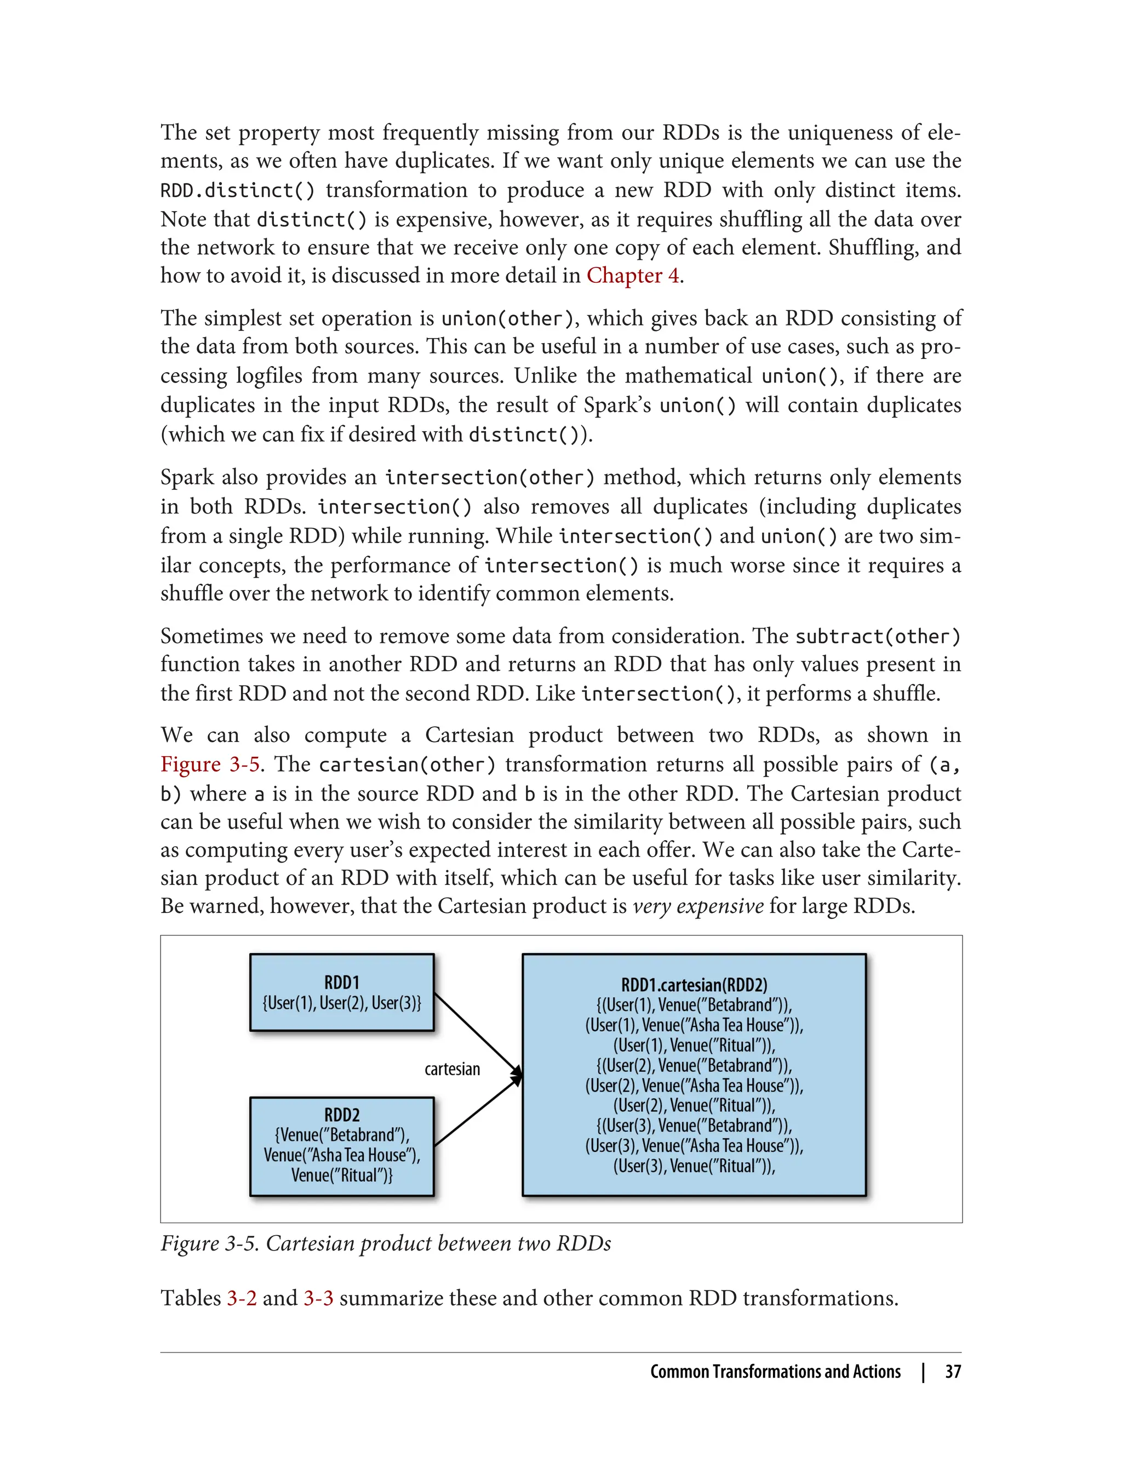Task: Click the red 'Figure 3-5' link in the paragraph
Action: (210, 764)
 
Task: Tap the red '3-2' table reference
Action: (241, 1298)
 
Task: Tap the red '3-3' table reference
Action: (318, 1298)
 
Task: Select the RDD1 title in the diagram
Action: (341, 983)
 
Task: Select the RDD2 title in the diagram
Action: (341, 1115)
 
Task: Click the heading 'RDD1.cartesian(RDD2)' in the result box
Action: (694, 985)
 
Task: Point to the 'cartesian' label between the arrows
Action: (452, 1070)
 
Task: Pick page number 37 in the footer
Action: (952, 1372)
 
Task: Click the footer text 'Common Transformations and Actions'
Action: (775, 1372)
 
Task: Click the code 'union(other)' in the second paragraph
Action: (507, 318)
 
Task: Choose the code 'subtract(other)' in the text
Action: (878, 637)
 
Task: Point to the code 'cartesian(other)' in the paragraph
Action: (407, 765)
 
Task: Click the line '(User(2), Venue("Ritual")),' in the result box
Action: (694, 1106)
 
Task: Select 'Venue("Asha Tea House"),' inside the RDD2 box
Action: (341, 1155)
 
